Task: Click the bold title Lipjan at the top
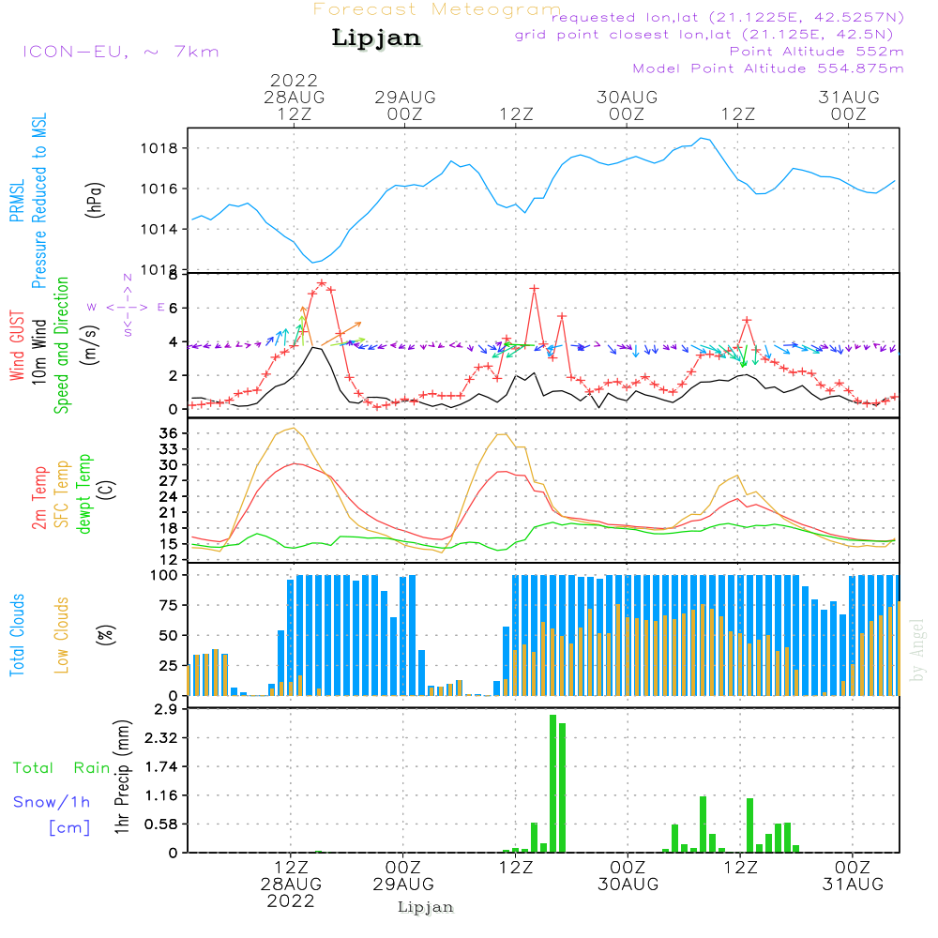[x=376, y=38]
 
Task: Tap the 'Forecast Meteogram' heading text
[x=437, y=10]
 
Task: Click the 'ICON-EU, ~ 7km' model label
[x=120, y=51]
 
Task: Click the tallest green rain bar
[x=552, y=783]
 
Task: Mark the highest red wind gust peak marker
[x=322, y=282]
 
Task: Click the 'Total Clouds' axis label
[x=18, y=635]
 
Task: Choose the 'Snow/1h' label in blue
[x=52, y=802]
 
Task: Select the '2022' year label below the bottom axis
[x=291, y=900]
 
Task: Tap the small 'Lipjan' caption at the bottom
[x=426, y=907]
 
